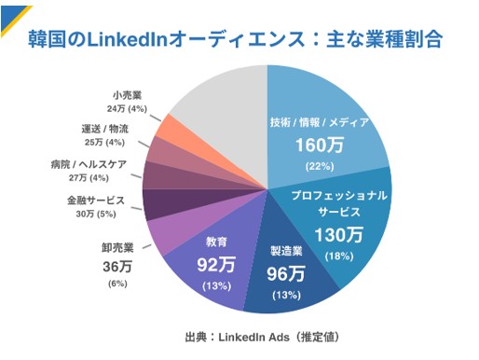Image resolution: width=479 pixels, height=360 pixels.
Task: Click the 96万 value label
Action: point(286,273)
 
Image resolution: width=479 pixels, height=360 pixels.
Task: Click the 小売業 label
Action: point(126,95)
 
